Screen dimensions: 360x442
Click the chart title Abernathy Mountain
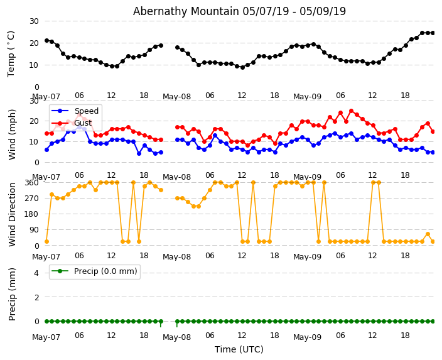click(x=239, y=11)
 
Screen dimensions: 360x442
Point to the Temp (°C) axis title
click(x=11, y=53)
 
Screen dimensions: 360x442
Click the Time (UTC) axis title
click(x=239, y=349)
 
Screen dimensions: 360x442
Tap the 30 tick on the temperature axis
click(x=34, y=21)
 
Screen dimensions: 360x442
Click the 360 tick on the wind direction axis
click(x=31, y=182)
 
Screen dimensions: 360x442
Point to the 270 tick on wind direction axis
click(x=31, y=198)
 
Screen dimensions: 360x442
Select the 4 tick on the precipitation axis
click(x=36, y=273)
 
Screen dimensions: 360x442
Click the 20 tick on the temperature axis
click(x=34, y=43)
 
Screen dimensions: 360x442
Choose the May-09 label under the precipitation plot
click(x=307, y=337)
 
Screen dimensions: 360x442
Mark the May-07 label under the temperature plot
click(x=46, y=97)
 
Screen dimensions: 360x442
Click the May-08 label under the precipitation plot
click(x=177, y=337)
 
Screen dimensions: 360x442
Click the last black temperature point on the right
click(x=433, y=33)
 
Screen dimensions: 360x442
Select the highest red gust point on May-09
click(x=351, y=111)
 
